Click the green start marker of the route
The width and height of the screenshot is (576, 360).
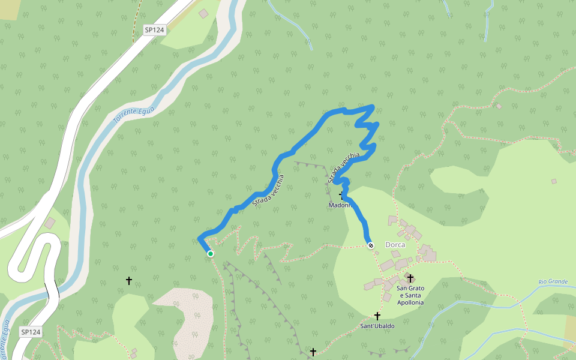[x=211, y=254]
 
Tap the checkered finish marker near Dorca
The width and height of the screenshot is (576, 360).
[x=371, y=245]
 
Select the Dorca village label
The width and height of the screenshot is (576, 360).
[x=395, y=245]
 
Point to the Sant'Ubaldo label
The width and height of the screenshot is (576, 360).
[x=377, y=326]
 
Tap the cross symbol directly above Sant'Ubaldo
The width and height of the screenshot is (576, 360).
[x=377, y=316]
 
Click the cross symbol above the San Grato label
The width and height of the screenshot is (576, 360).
[x=410, y=278]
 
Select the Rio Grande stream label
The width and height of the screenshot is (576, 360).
[x=553, y=281]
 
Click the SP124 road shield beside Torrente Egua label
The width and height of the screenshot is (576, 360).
[x=155, y=29]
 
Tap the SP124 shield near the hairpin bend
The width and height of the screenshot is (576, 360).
[x=31, y=332]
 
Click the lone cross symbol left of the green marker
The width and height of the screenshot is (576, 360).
[x=128, y=280]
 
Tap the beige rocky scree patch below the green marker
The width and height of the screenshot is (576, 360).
[x=189, y=318]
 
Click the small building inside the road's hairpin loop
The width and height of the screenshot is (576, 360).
[x=49, y=223]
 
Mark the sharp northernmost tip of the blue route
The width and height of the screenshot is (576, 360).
[x=373, y=107]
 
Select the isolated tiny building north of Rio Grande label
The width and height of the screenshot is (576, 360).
[x=554, y=181]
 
